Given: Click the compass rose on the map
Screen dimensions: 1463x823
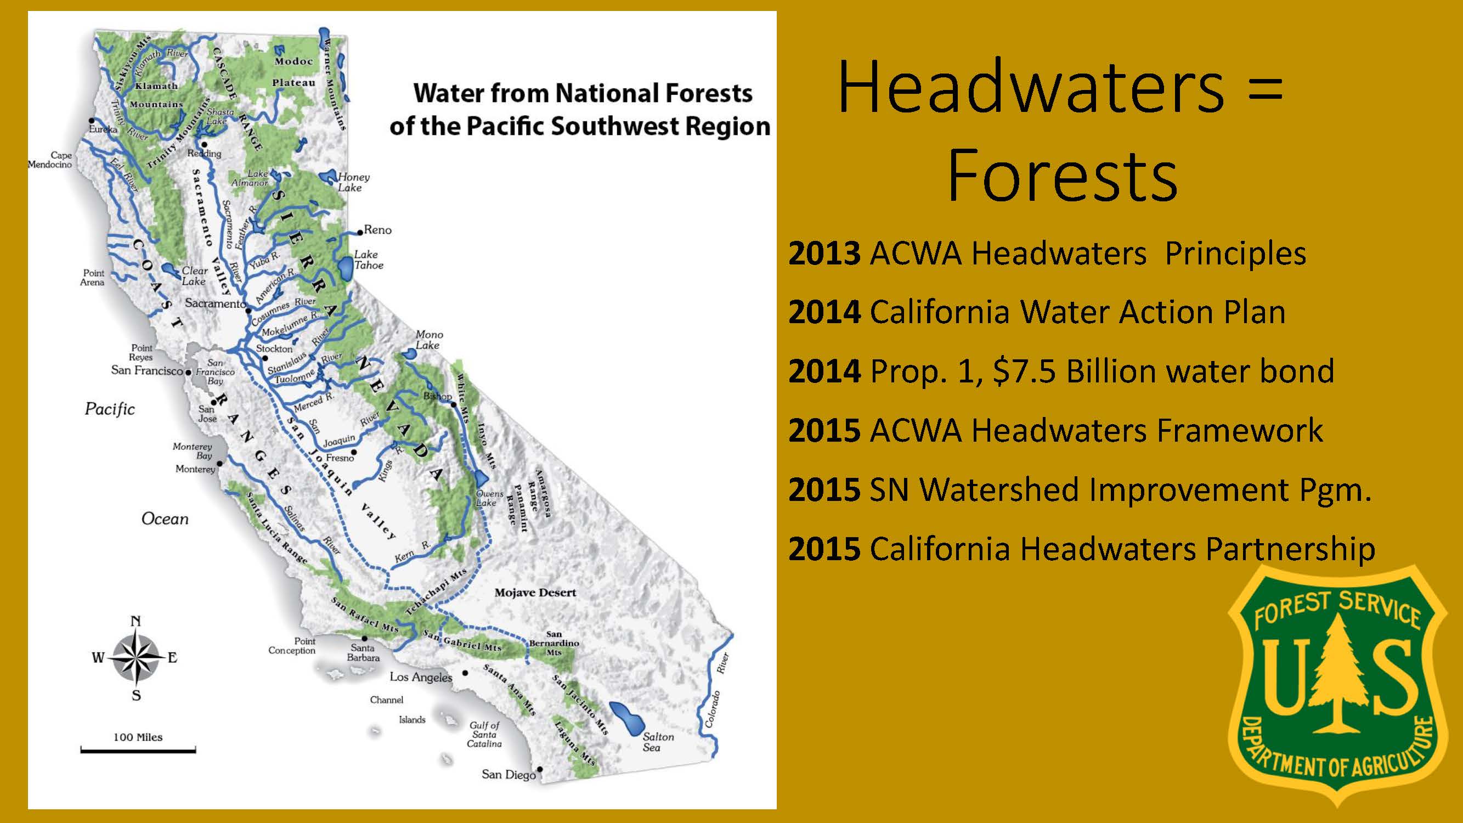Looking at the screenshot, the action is [136, 658].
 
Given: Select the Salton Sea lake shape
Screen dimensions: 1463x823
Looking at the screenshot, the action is [626, 719].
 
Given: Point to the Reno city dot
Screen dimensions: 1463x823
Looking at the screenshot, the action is [359, 233].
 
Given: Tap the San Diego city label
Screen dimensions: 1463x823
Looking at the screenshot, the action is [509, 774].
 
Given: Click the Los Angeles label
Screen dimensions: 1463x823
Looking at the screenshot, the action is [421, 677].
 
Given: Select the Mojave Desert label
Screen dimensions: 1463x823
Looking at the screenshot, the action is [535, 593].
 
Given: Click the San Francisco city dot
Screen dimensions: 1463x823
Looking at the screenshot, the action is [188, 373].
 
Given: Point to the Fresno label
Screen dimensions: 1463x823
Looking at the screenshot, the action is [340, 457].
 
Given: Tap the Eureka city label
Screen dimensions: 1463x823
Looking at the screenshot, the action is [103, 129].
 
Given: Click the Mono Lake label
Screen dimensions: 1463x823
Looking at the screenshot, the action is [429, 340].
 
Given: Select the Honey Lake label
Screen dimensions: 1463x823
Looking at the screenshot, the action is [353, 182].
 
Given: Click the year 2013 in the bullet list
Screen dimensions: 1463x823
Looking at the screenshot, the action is [824, 253].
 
